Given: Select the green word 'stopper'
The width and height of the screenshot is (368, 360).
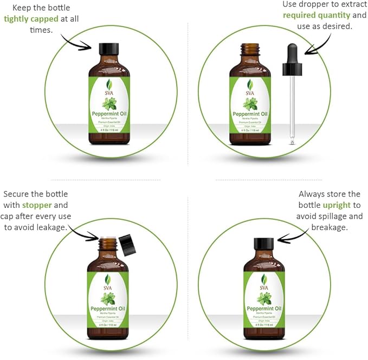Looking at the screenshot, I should [37, 205].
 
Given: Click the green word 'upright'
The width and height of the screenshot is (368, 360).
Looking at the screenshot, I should [337, 205].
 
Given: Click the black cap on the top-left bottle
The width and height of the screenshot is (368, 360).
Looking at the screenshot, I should [109, 49].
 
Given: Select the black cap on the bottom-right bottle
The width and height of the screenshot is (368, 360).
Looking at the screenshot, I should [264, 244].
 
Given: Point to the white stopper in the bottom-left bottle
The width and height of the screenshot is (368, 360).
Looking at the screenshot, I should [107, 238].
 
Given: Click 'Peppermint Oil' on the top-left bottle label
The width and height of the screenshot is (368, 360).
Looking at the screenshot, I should [109, 113].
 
